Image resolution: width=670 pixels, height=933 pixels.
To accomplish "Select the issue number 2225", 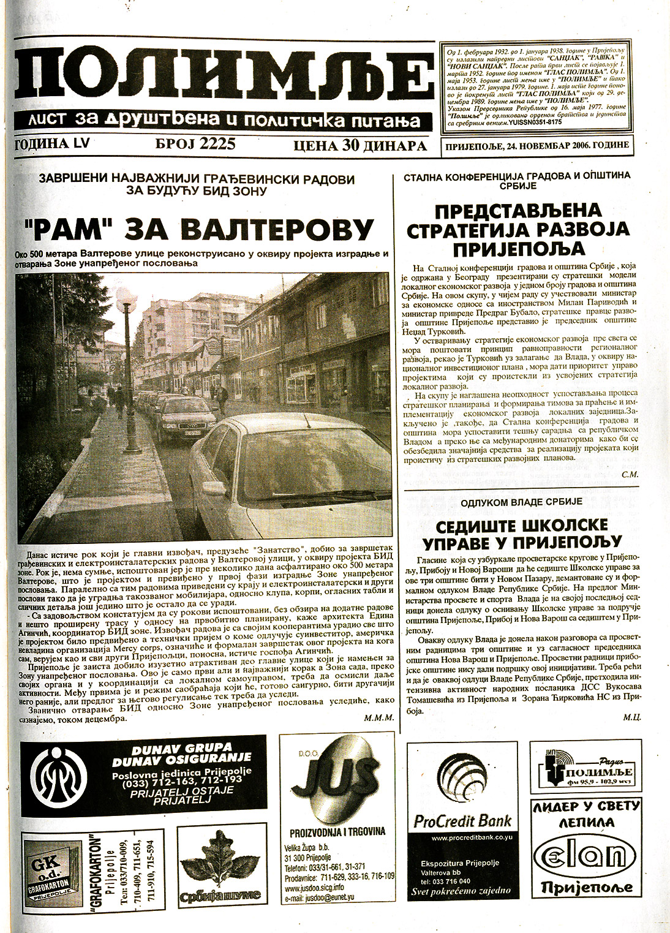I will [195, 145].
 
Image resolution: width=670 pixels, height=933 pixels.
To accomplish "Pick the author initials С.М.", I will [630, 475].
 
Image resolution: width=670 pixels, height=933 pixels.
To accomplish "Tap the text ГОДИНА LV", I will [55, 144].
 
